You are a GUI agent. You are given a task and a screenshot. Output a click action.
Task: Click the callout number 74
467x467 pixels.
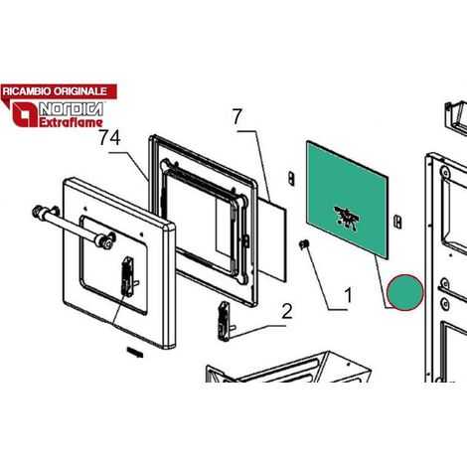click(x=109, y=137)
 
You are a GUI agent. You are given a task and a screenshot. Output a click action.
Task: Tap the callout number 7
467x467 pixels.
click(x=237, y=116)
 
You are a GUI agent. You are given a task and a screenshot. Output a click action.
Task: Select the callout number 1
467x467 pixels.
click(x=348, y=295)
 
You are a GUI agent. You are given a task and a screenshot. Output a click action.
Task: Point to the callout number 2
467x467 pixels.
click(x=287, y=311)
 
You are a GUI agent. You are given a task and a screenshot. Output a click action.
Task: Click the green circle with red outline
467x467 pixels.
click(x=405, y=292)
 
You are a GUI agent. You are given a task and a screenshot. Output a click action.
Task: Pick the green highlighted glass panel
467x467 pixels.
click(x=347, y=200)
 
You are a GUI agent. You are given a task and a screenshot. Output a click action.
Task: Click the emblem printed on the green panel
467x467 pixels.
click(x=347, y=218)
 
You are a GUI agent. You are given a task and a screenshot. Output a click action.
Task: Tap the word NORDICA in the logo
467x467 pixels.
click(x=71, y=109)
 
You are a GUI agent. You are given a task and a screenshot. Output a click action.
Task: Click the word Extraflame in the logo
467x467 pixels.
click(x=71, y=122)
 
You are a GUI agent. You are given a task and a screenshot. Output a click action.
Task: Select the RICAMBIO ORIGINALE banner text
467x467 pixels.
click(x=55, y=91)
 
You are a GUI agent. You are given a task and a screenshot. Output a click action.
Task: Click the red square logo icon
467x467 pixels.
click(x=25, y=114)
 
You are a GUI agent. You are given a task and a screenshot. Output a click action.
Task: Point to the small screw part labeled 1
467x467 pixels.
click(x=304, y=244)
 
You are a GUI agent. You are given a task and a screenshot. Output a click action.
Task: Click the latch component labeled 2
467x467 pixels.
click(x=225, y=321)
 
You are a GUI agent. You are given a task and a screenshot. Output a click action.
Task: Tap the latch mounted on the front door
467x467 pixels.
click(x=129, y=276)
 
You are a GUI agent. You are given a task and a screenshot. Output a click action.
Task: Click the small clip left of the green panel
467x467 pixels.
click(x=291, y=178)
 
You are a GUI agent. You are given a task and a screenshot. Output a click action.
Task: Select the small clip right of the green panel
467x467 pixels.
click(x=397, y=222)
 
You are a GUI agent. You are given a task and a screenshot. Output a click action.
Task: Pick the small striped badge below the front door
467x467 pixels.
click(x=135, y=353)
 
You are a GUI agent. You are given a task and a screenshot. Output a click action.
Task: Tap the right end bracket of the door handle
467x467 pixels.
click(x=106, y=240)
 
